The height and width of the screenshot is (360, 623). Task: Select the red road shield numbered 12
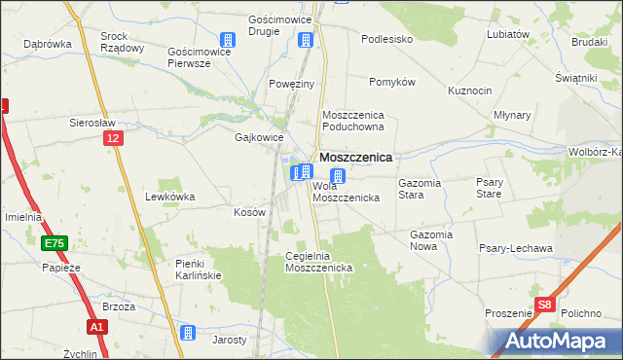(x=114, y=140)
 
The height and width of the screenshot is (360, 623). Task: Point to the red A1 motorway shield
(x=96, y=328)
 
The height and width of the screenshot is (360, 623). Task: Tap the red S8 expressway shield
(x=547, y=304)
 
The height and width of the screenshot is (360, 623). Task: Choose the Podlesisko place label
(x=387, y=39)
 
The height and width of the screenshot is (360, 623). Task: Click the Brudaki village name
(x=589, y=42)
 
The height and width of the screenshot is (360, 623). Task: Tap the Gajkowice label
(x=258, y=137)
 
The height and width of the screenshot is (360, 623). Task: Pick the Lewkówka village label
(x=169, y=197)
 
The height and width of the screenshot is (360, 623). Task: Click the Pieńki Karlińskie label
(x=199, y=269)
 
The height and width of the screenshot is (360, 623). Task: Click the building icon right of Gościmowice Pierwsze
(x=228, y=40)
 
